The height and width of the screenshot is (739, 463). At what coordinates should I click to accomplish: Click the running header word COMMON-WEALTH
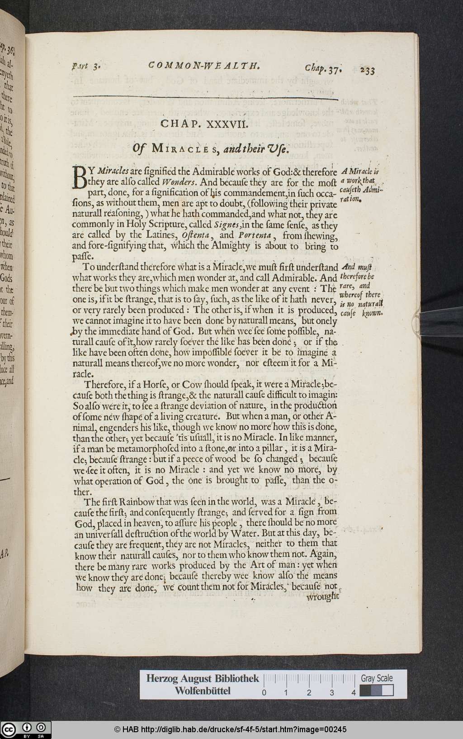pos(204,66)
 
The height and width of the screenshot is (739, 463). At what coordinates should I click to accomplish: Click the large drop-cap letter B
pos(80,177)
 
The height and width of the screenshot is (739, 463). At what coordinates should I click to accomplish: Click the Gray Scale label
pos(377,678)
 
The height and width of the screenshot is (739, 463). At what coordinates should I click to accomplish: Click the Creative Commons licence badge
pos(25,729)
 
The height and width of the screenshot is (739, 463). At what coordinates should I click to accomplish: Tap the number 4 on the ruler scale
pos(354,692)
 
